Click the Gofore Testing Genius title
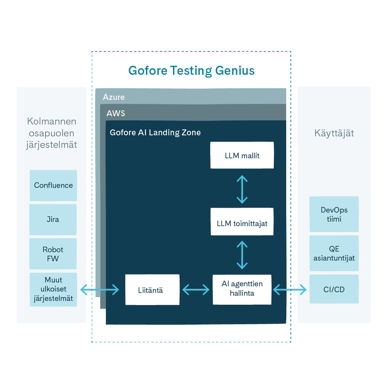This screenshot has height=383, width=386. point(191,71)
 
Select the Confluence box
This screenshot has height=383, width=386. point(53,185)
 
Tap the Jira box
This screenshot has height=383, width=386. point(53,220)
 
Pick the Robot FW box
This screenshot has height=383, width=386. point(53,254)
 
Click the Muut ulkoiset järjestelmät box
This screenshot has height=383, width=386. point(53,289)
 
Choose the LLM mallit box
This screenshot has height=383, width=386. point(242,155)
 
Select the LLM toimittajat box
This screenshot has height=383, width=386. point(242,223)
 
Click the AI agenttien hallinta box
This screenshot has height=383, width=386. point(242,289)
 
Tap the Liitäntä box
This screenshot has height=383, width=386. point(152,290)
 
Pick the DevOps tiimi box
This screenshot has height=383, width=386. point(334,214)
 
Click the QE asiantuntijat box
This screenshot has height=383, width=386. point(334,253)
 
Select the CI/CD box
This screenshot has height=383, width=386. point(334,289)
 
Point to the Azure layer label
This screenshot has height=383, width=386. point(114,97)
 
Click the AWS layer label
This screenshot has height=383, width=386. point(116,113)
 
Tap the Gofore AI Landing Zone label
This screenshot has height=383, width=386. point(155,133)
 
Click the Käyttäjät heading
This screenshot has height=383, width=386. point(334,133)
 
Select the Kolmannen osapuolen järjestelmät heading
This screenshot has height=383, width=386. point(52,133)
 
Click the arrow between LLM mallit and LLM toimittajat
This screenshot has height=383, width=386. point(242,189)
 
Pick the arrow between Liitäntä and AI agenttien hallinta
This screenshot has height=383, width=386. point(196,290)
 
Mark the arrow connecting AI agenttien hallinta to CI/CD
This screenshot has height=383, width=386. point(290,289)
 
